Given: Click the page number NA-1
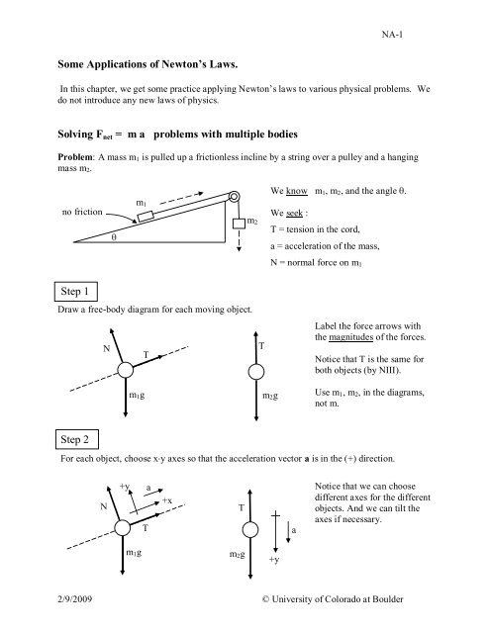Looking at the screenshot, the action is pos(392,35).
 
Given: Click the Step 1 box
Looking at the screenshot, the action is pos(76,292).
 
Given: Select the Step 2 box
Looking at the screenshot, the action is pos(77,439).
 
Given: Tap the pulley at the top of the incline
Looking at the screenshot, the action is pos(234,197).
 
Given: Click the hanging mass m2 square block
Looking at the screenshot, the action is pos(240,224).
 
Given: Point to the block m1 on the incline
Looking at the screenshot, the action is pos(146,217).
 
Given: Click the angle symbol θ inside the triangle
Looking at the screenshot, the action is pos(114,237).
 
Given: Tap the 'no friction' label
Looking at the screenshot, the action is pos(82,212).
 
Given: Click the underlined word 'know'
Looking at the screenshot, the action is pos(297,191).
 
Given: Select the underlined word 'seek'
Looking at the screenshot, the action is pos(294,213).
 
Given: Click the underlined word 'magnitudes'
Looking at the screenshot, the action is pos(350,337).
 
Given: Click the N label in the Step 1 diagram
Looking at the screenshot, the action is pos(106,348).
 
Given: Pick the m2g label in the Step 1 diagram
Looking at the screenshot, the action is pos(270,396).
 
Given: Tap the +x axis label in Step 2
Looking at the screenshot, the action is pos(167,500).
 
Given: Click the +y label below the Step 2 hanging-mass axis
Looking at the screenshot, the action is pos(274,560).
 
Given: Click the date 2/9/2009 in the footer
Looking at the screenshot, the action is pos(74,598).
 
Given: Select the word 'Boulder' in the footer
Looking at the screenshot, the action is pos(388,599).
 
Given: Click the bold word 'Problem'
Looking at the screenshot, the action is pos(75,157).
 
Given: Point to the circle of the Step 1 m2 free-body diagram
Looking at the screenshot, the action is pos(256,372).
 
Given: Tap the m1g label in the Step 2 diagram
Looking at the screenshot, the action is pos(134,552).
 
